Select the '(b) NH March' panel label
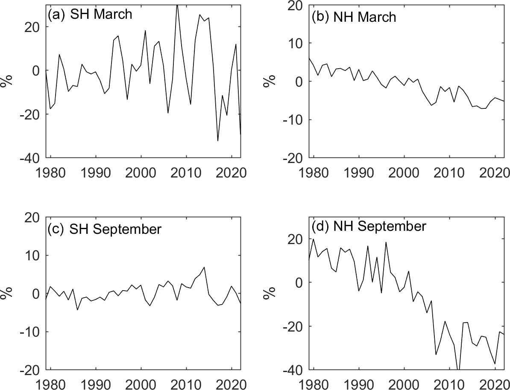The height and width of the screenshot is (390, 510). (x=354, y=17)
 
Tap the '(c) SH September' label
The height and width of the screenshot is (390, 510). (x=104, y=229)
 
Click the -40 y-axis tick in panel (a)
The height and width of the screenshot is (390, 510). (x=30, y=158)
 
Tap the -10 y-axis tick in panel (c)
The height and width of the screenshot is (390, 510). (x=30, y=332)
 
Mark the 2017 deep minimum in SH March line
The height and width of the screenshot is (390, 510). (x=218, y=140)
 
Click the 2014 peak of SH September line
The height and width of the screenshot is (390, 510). (x=205, y=267)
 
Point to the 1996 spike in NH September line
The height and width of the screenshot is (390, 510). (x=386, y=242)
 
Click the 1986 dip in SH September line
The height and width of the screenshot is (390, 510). (x=77, y=310)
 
